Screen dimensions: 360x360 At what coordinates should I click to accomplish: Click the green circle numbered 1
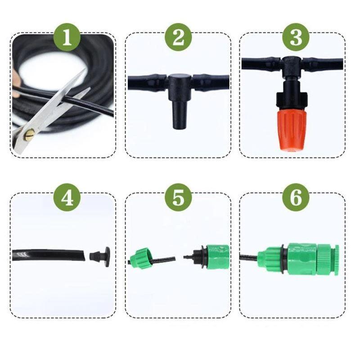67,38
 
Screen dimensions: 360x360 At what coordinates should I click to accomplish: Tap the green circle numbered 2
178,38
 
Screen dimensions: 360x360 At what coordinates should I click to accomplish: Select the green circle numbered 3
296,38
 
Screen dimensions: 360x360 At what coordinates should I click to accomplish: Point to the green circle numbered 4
67,198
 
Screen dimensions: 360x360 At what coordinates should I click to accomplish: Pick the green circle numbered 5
178,198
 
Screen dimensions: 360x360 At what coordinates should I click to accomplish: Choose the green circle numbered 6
296,198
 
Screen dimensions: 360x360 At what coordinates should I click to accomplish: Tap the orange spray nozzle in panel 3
292,130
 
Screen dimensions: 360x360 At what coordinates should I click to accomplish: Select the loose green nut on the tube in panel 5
140,258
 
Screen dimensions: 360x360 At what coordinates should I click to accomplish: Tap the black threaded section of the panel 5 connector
198,256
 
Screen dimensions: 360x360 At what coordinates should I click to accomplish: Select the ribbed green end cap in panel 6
328,260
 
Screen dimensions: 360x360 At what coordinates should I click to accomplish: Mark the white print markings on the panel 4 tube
23,254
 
